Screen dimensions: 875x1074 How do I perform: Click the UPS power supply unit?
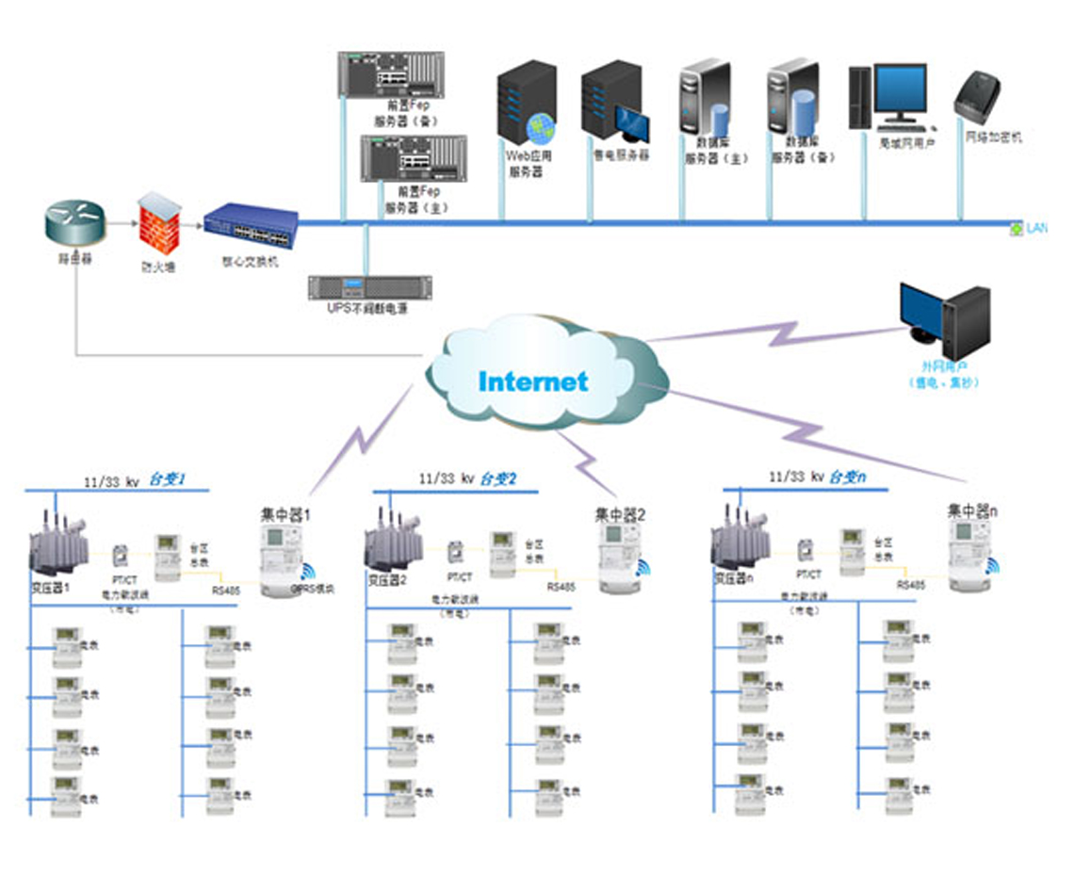pos(370,287)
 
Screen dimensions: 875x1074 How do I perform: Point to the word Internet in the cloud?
pos(533,381)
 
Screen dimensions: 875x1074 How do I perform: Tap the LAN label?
pos(1036,228)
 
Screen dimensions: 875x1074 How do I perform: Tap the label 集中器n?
pos(972,511)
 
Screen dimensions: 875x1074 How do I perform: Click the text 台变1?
pos(168,479)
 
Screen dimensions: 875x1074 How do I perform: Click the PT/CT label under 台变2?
pos(460,575)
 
